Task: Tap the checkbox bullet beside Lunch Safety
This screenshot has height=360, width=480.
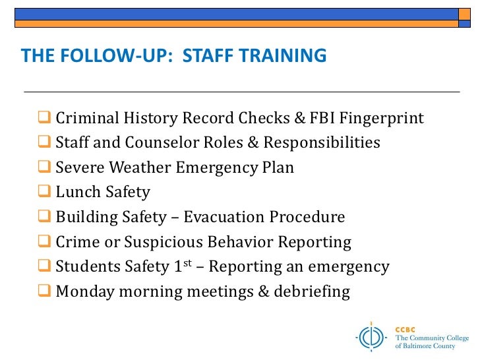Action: click(x=44, y=192)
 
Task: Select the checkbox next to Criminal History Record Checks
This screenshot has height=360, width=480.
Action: click(x=44, y=118)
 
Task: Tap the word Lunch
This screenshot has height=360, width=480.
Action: click(x=77, y=193)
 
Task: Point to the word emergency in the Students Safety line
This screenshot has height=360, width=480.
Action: click(x=353, y=267)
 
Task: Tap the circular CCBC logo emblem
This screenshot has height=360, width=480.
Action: click(x=373, y=336)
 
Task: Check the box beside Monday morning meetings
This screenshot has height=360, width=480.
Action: click(x=44, y=291)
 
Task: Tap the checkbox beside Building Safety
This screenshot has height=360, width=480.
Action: click(x=44, y=216)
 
